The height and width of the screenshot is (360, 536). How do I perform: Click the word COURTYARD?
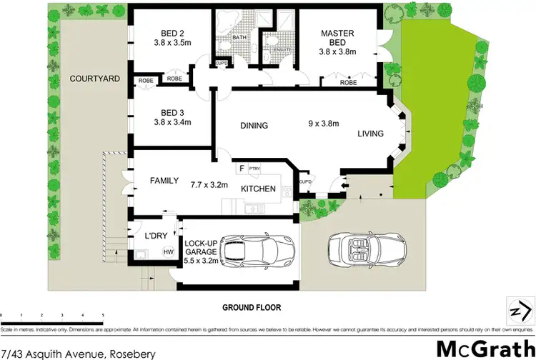[x=94, y=79]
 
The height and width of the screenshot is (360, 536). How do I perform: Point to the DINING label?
[x=254, y=126]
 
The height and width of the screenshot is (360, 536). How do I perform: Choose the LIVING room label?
[x=371, y=134]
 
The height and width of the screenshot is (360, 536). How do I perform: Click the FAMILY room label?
[x=164, y=181]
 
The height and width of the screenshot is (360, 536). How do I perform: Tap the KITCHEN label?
[x=259, y=189]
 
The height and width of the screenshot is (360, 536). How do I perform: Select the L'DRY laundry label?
[x=155, y=236]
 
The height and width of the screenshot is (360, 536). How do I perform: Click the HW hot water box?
[x=169, y=251]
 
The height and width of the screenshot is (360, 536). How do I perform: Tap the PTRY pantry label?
[x=254, y=169]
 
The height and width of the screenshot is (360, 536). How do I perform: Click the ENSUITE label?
[x=273, y=49]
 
